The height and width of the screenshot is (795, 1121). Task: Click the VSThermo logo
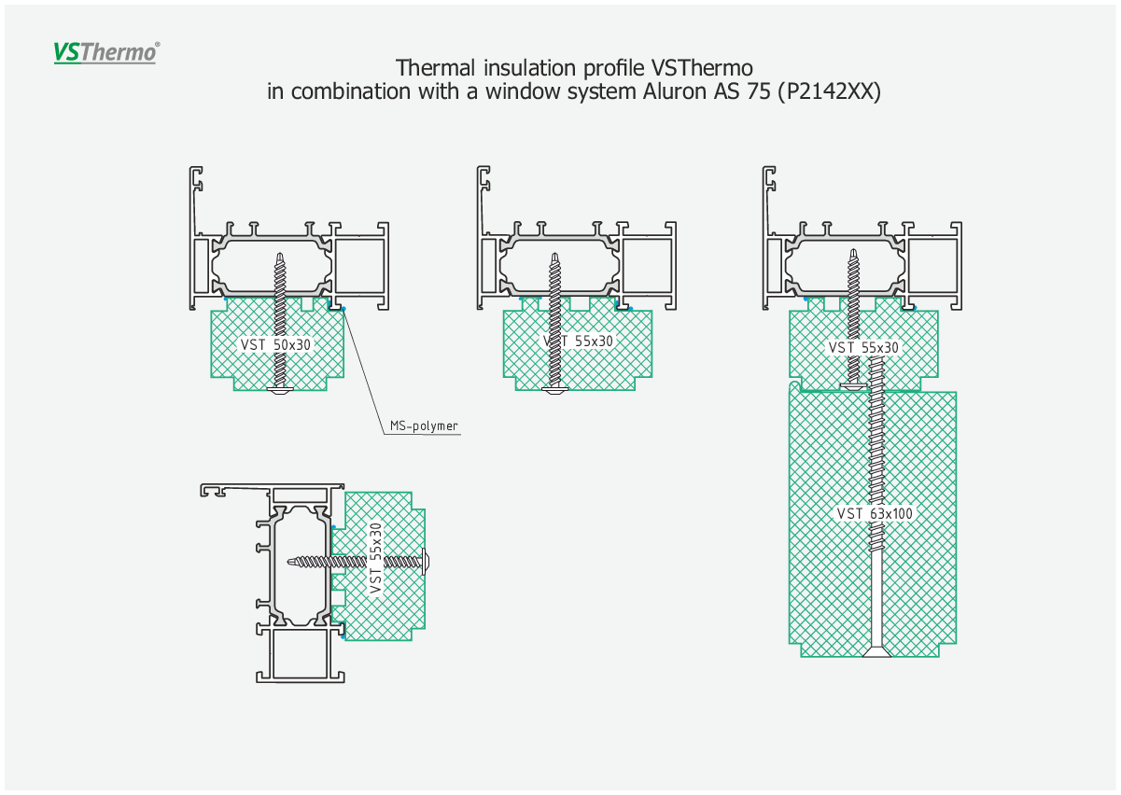pyautogui.click(x=106, y=52)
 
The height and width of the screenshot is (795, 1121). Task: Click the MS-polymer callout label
pyautogui.click(x=424, y=425)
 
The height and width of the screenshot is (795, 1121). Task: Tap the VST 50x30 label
pyautogui.click(x=275, y=344)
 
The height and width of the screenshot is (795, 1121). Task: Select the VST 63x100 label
pyautogui.click(x=875, y=513)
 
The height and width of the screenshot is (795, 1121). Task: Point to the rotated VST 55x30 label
pyautogui.click(x=375, y=558)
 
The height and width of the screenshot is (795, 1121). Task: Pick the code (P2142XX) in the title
pyautogui.click(x=829, y=92)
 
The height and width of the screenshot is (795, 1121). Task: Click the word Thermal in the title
pyautogui.click(x=435, y=68)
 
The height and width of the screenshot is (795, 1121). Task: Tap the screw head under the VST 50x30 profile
pyautogui.click(x=280, y=390)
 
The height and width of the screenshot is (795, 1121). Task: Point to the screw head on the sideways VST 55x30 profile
pyautogui.click(x=426, y=562)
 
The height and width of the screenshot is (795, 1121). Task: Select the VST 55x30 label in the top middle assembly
pyautogui.click(x=578, y=342)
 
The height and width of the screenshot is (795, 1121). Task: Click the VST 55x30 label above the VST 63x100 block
pyautogui.click(x=863, y=347)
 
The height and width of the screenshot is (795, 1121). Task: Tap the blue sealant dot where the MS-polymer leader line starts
pyautogui.click(x=343, y=309)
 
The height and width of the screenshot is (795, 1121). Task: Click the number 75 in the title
pyautogui.click(x=759, y=91)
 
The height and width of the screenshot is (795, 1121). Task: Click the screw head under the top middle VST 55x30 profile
pyautogui.click(x=555, y=390)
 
